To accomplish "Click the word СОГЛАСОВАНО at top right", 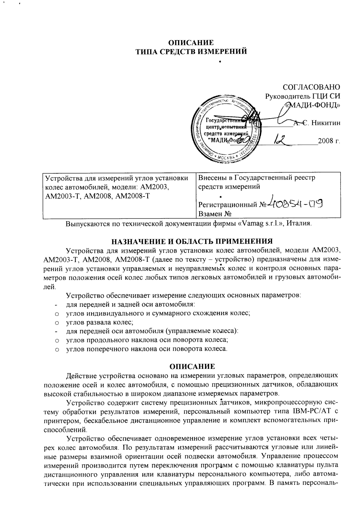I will [x=311, y=87].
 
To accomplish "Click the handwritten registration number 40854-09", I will [x=295, y=202].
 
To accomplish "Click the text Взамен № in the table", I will [x=214, y=214].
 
